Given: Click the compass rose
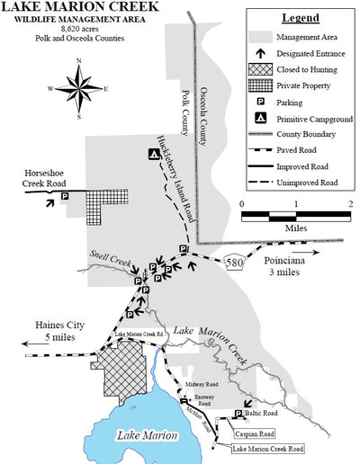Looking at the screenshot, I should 78,88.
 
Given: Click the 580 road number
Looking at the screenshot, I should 233,262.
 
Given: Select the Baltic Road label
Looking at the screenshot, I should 266,413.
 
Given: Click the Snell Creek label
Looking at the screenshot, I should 107,257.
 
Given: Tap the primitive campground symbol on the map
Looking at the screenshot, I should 155,154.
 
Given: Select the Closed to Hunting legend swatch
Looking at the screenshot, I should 257,70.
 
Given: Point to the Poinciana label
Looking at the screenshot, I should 291,261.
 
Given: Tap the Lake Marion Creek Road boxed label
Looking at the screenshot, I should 268,448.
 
